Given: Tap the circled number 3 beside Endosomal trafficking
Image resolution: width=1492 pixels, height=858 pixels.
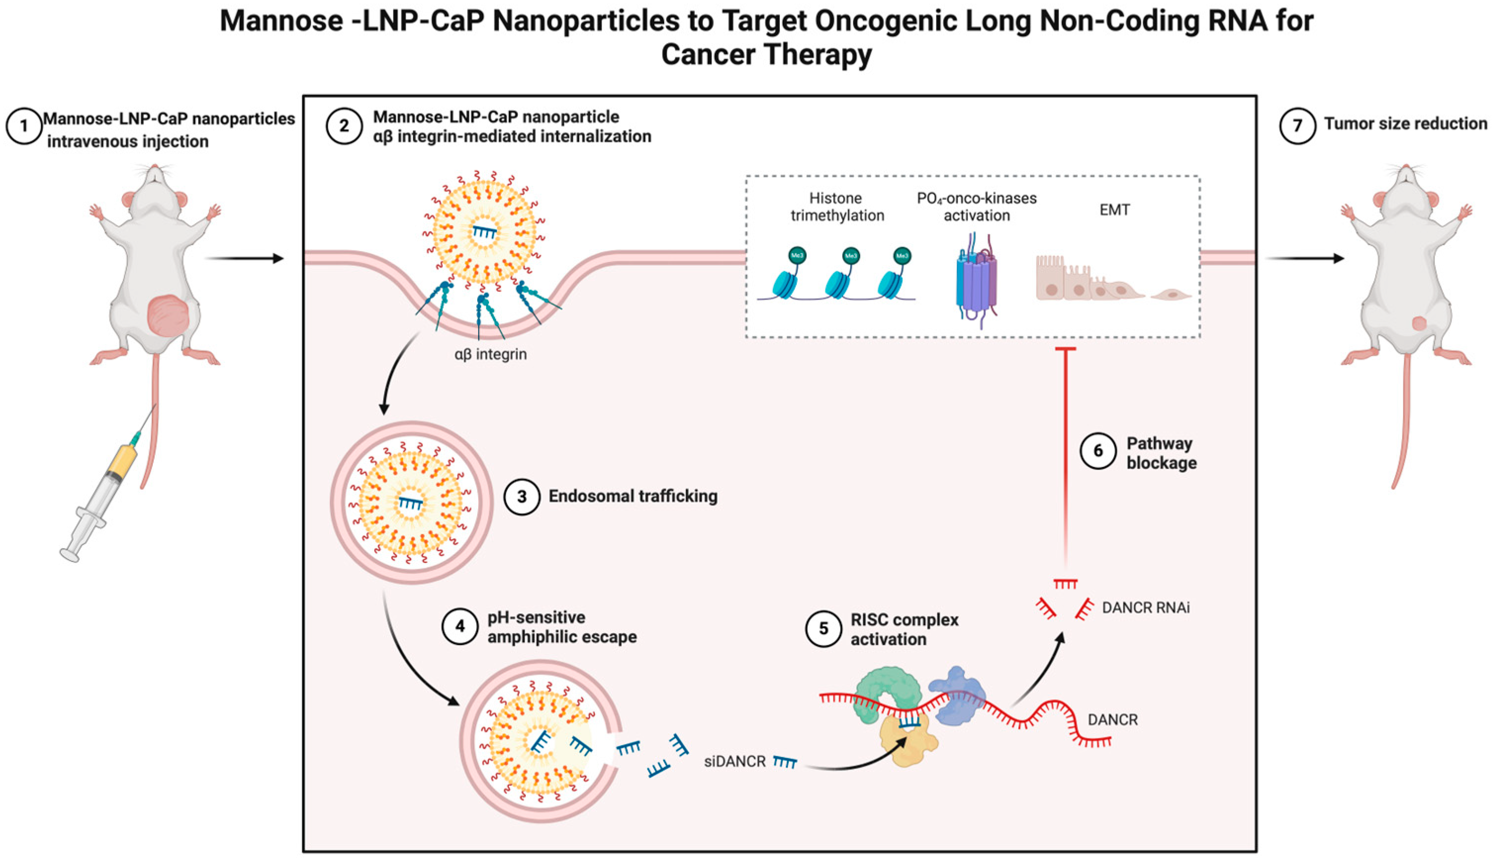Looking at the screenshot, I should click(x=522, y=497).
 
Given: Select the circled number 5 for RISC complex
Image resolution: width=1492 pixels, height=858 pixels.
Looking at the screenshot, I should click(x=823, y=629).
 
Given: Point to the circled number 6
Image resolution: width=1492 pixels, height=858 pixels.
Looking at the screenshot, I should click(x=1098, y=451).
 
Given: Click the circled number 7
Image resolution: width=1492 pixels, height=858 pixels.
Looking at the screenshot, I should click(x=1297, y=126).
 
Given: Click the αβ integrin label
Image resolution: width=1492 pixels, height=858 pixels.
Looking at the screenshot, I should click(x=491, y=355).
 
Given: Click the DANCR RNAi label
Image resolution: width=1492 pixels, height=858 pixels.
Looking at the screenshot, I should click(x=1145, y=607).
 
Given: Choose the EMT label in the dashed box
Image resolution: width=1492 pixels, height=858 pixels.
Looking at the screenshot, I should click(x=1114, y=210).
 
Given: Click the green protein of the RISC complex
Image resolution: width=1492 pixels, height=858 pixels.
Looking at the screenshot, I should click(x=887, y=693).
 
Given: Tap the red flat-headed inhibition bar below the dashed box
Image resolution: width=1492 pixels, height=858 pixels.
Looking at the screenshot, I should click(x=1065, y=350).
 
